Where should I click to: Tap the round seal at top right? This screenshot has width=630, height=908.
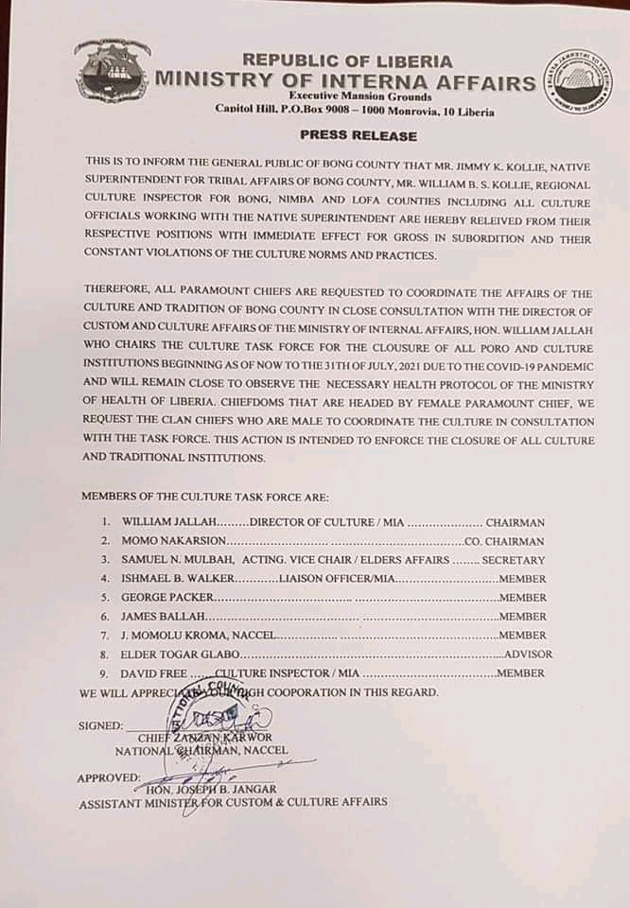[577, 82]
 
